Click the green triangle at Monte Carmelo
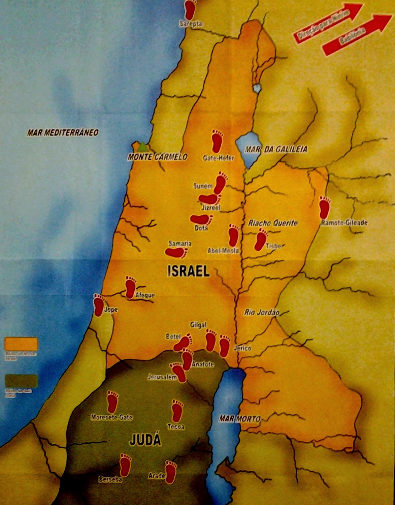coord(143,147)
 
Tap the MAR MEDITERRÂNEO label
coord(63,132)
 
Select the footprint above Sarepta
coord(191,9)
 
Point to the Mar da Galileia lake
coord(248,148)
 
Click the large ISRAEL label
coord(188,271)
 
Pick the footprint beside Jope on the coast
coord(99,305)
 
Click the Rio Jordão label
coord(262,312)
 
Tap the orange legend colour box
coord(21,344)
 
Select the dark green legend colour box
coord(21,381)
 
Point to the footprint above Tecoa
coord(177,411)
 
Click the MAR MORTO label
coord(239,419)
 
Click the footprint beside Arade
coord(171,472)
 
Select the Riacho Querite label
coord(273,223)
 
